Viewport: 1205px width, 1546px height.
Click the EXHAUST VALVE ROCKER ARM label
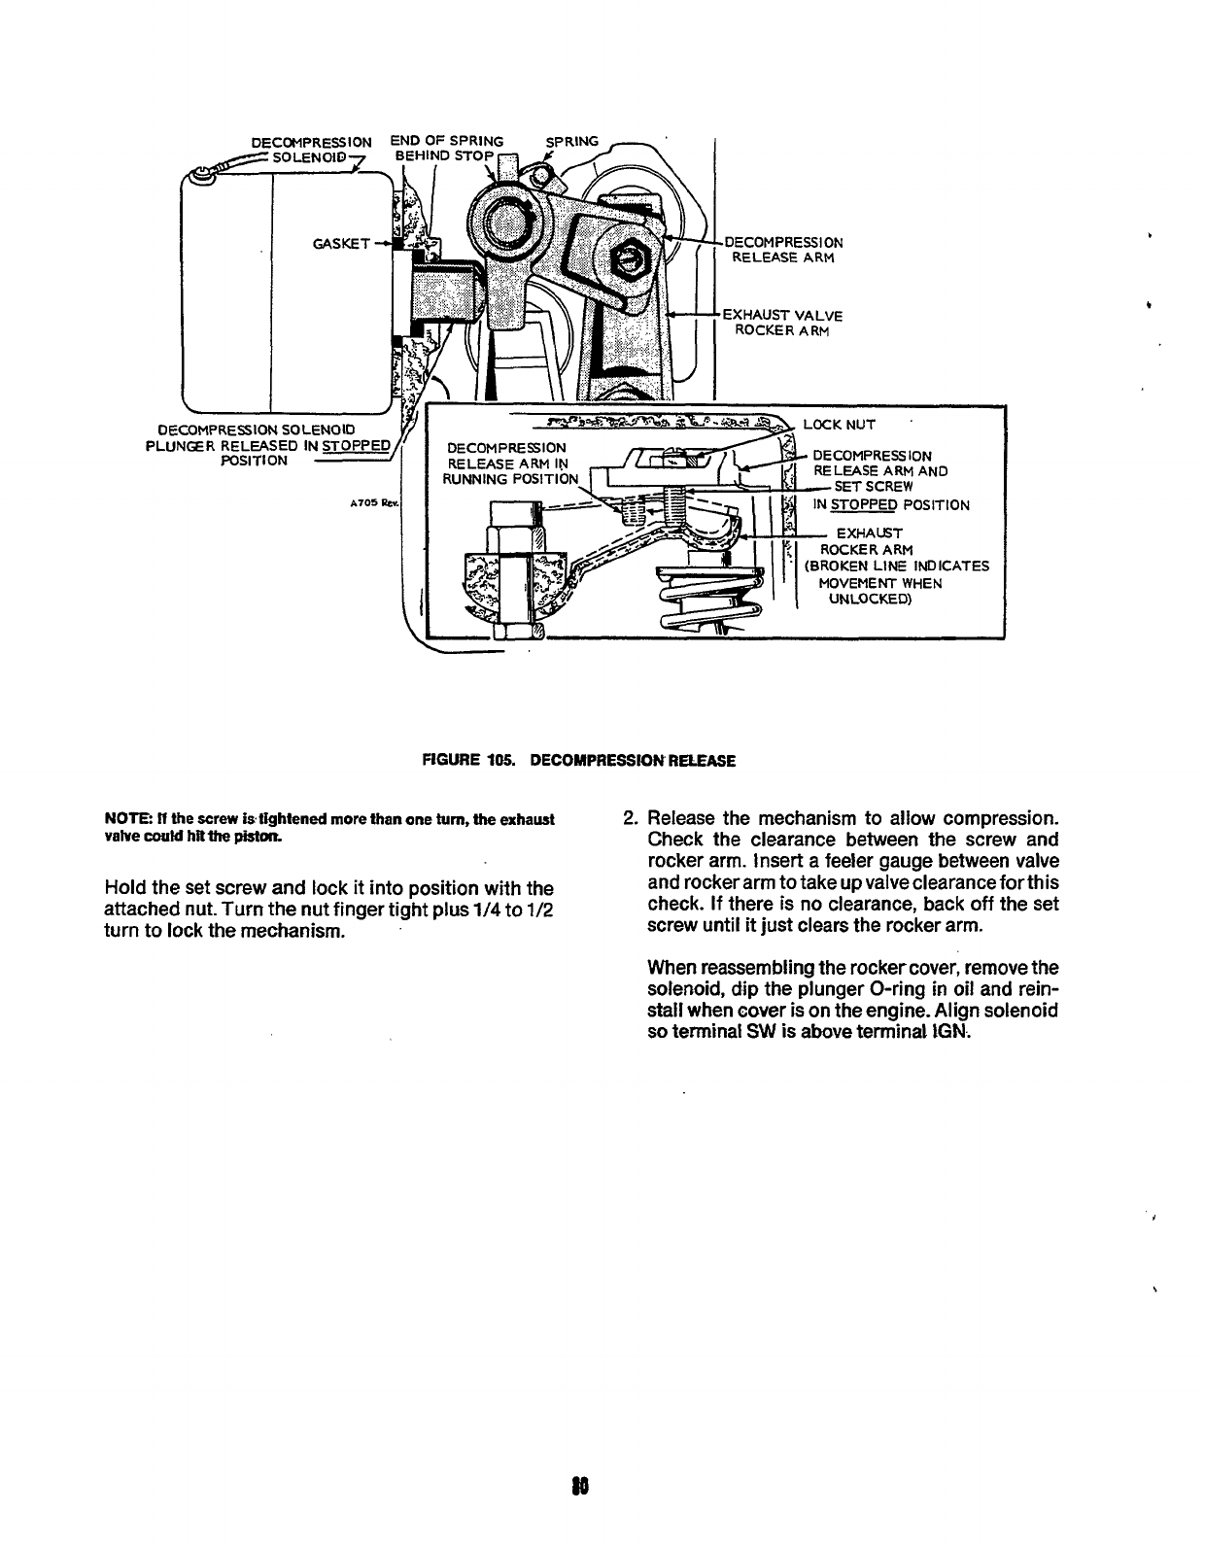coord(783,323)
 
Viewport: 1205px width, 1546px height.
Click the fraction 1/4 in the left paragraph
coord(488,910)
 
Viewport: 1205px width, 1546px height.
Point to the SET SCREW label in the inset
coord(874,486)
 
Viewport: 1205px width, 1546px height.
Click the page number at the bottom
coord(583,1485)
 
